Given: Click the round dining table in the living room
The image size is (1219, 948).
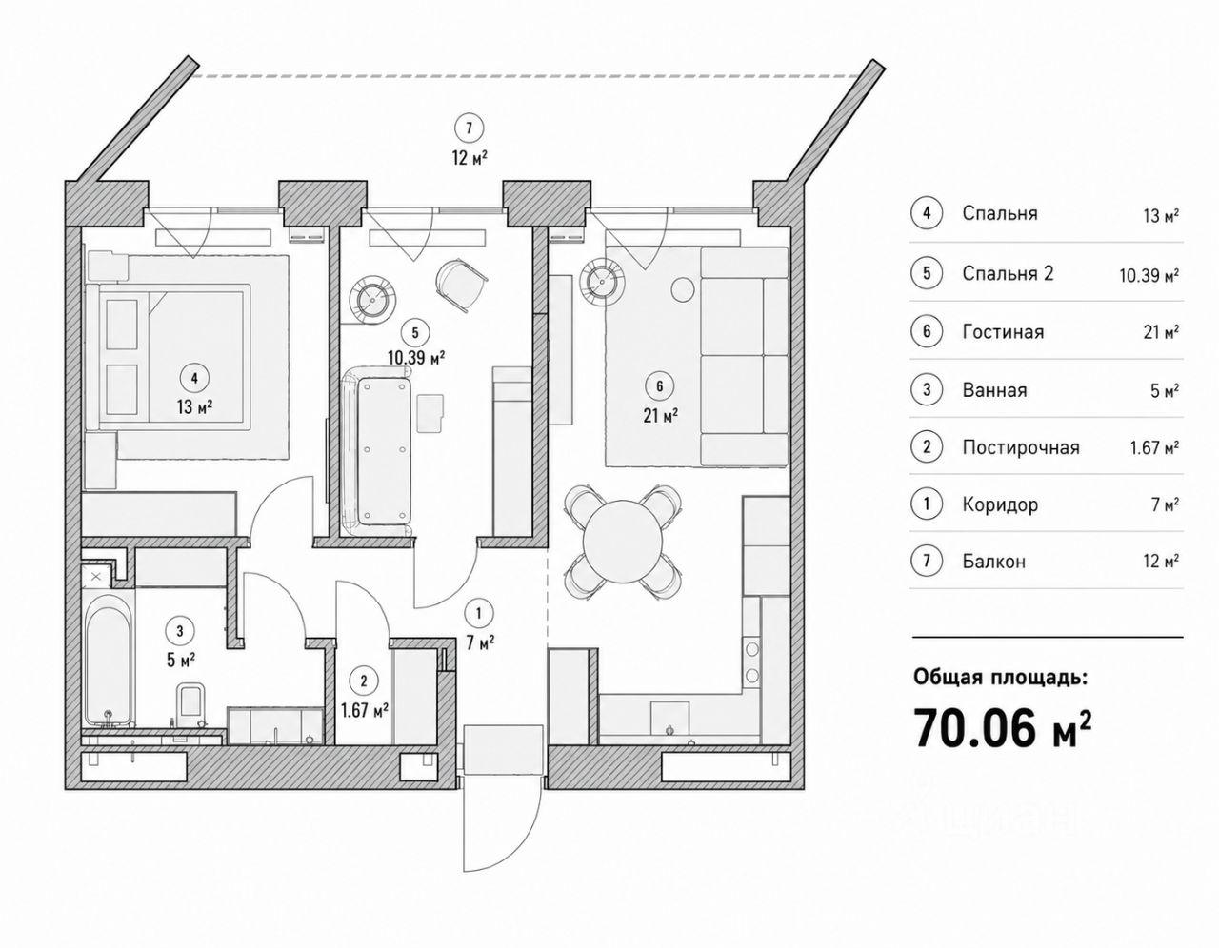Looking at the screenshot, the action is coord(623,541).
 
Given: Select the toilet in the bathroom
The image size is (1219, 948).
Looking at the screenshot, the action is coord(190,701).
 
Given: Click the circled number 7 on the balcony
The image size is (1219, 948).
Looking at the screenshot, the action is coord(469,128).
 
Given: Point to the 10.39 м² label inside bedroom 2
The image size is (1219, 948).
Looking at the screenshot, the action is coord(416,358).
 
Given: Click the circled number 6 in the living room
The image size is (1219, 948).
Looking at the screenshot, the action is coord(659,386).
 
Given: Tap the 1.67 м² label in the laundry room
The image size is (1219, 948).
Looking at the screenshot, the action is coord(365,711).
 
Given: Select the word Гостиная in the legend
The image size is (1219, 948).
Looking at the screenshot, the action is coord(1003,332).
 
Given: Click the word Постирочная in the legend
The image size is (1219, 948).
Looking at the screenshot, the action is coord(1021,447).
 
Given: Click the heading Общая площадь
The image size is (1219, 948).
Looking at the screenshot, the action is coord(1001,678).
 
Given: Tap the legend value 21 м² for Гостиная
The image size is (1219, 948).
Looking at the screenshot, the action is coord(1161,332).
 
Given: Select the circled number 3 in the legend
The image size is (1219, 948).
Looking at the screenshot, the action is coord(927,389).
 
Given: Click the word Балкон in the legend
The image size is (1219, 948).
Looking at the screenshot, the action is coord(994,562).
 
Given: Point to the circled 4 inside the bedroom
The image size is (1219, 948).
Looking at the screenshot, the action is coord(194,378).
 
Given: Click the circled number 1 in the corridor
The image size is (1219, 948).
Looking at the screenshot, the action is coord(478,613).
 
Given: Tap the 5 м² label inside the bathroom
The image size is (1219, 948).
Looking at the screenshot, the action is coord(181,661).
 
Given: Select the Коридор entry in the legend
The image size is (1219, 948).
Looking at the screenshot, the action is coord(1000,504).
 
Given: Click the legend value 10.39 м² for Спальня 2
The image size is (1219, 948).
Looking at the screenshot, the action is coord(1149,275).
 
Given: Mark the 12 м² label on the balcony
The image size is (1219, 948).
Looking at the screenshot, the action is coord(470,158).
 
